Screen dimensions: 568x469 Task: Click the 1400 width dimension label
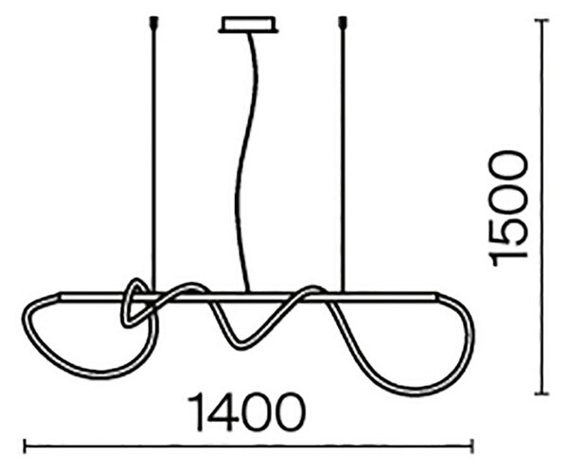point(246,412)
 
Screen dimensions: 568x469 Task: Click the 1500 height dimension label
point(507,208)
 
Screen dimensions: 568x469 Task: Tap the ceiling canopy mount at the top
point(248,25)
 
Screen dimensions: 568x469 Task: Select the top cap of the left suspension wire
point(154,23)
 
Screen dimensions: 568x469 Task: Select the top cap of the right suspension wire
point(341,23)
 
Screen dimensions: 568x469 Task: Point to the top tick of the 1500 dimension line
point(541,21)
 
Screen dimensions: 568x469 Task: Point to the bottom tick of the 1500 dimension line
point(541,393)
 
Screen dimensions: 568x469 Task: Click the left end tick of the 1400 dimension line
point(25,446)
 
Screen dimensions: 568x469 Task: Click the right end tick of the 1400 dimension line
point(471,446)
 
